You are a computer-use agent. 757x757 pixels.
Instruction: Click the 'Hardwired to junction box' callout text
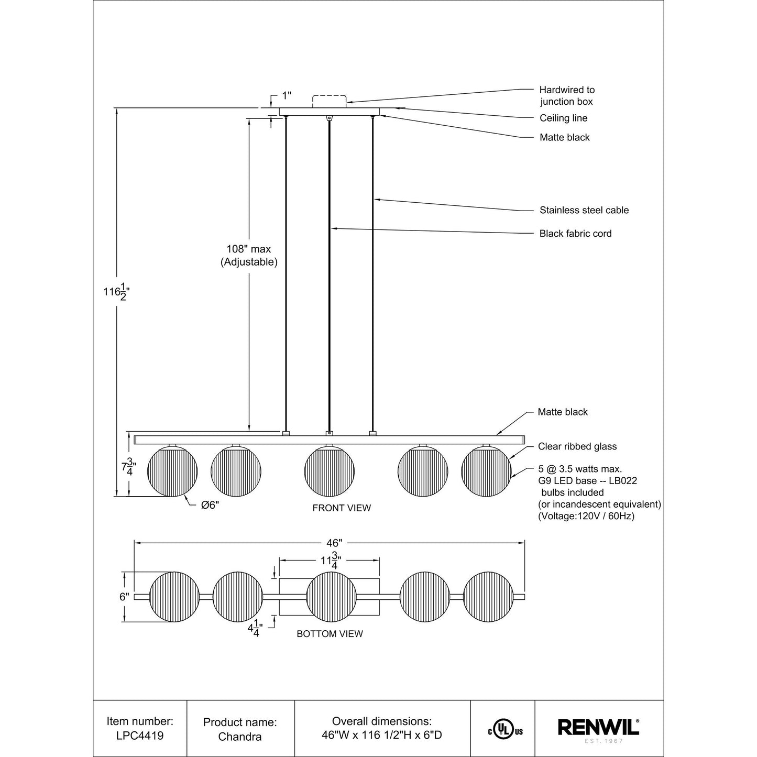(567, 96)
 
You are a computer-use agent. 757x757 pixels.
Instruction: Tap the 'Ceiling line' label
(563, 118)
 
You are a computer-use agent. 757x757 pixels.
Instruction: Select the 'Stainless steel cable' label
(584, 210)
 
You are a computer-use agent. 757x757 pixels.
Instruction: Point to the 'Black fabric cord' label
(575, 234)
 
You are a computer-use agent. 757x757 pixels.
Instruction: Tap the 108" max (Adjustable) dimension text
(249, 256)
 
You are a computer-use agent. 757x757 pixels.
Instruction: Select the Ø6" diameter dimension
(210, 506)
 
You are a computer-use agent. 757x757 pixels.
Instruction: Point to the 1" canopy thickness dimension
(287, 95)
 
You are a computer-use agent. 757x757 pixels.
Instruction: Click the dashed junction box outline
(329, 101)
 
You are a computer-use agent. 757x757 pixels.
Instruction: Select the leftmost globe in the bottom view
(174, 597)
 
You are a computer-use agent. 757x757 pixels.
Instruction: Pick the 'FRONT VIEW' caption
(342, 508)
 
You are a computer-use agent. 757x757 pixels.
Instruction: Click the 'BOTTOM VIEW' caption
(330, 634)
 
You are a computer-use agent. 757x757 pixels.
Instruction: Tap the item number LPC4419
(140, 736)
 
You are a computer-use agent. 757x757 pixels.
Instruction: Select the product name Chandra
(240, 736)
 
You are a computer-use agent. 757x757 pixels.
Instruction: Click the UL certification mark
(503, 729)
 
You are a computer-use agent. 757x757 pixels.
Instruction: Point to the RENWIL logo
(598, 728)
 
